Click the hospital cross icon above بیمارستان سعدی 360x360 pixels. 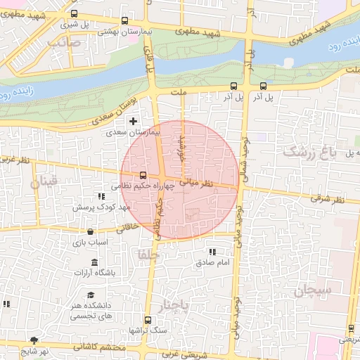click(x=133, y=122)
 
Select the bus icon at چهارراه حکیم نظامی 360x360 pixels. click(x=143, y=175)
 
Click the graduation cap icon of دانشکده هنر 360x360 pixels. click(x=90, y=296)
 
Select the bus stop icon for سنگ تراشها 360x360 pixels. click(x=147, y=320)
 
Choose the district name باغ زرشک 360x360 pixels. click(x=309, y=150)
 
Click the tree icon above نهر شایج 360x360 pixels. click(x=34, y=341)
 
